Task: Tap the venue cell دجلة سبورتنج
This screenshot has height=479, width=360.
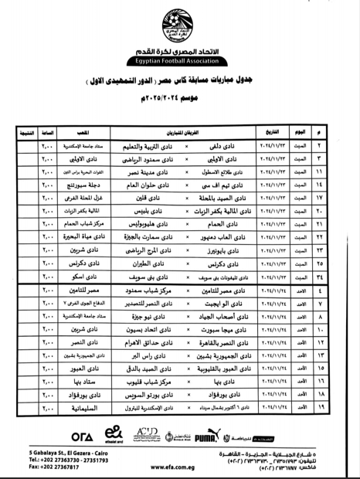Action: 82,187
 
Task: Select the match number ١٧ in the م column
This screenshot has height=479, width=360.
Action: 341,200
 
